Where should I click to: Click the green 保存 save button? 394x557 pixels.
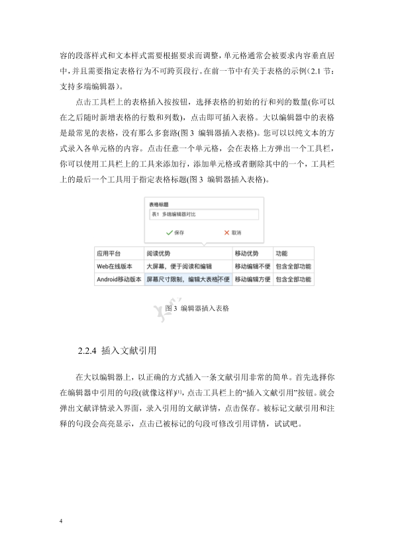(175, 233)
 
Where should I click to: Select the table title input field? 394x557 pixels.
(203, 215)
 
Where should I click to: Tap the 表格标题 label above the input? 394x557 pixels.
(159, 205)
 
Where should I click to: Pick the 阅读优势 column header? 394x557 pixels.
(158, 253)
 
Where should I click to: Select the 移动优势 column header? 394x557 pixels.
(246, 253)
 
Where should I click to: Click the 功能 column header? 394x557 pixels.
(281, 253)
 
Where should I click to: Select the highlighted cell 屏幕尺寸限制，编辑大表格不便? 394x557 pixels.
(187, 279)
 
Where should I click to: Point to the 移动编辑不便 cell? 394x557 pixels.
(252, 266)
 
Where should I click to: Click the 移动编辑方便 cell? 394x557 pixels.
(252, 279)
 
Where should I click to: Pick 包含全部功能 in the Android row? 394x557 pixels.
(293, 279)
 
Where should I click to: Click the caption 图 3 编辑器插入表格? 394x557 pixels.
(197, 308)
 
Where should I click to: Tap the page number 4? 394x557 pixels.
(60, 522)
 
